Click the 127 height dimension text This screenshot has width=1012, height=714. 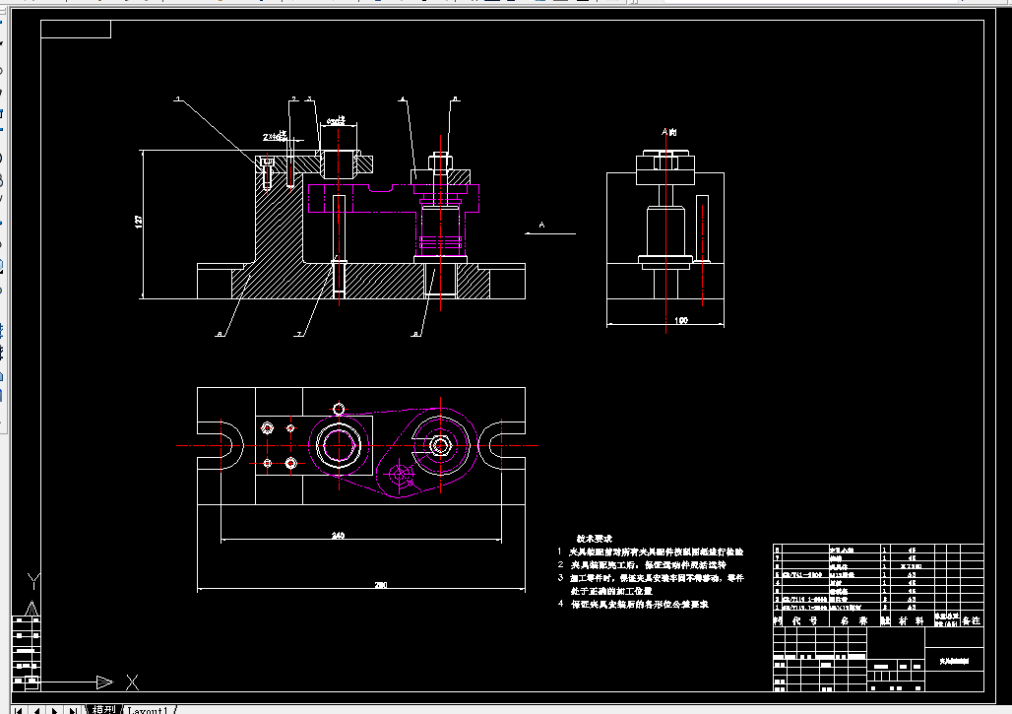coord(138,224)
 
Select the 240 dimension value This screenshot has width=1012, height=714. coord(338,536)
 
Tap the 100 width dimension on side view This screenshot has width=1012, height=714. coord(681,320)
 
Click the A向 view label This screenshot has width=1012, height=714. coord(669,131)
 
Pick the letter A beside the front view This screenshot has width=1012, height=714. coord(541,226)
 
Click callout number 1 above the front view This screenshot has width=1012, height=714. coord(178,99)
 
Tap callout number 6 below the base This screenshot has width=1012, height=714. coord(218,335)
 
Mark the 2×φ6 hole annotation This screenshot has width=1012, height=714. coord(275,137)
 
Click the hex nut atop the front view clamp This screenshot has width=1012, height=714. coord(439,160)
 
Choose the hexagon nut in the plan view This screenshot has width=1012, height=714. coord(440,445)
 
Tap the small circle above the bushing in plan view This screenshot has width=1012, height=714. coord(339,409)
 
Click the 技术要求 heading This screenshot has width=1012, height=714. coord(594,539)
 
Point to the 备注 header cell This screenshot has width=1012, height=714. coord(971,621)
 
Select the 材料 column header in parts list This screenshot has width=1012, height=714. coord(908,621)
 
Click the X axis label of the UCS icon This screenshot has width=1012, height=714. coord(132,681)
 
